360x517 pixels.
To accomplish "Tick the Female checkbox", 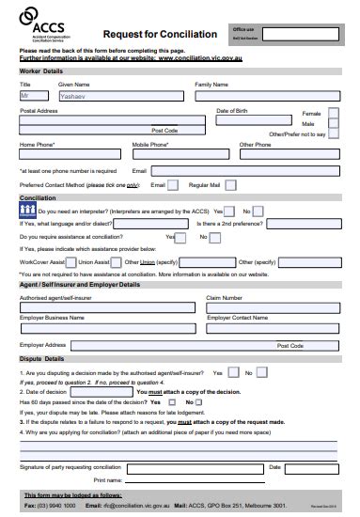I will pyautogui.click(x=334, y=113).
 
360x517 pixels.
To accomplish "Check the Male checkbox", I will pyautogui.click(x=334, y=124).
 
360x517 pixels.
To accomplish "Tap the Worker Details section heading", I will pyautogui.click(x=41, y=70).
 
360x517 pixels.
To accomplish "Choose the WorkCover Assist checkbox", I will pyautogui.click(x=70, y=261).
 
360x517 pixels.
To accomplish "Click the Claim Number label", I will pyautogui.click(x=225, y=297).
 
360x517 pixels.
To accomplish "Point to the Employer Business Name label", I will pyautogui.click(x=52, y=318).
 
